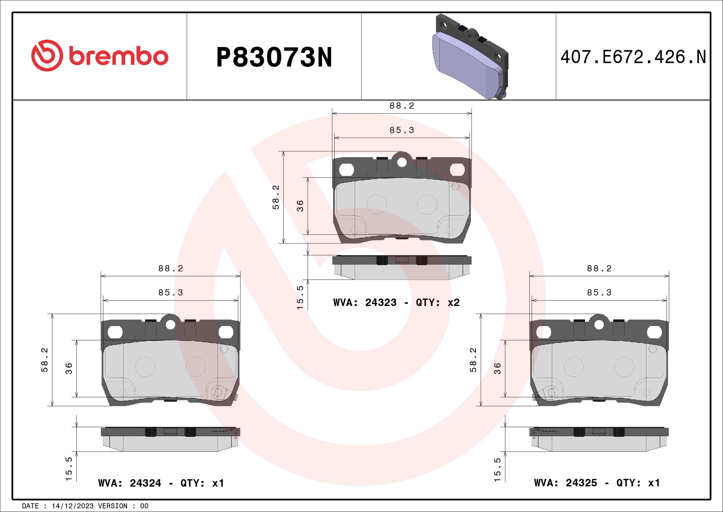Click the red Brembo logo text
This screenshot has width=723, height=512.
click(x=118, y=56)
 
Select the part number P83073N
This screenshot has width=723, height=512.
click(x=274, y=57)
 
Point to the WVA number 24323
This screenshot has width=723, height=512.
click(x=381, y=303)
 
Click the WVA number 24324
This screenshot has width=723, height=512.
click(x=145, y=483)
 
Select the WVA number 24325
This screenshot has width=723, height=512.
click(x=581, y=483)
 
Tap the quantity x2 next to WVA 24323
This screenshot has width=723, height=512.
click(x=454, y=303)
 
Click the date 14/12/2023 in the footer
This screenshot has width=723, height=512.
click(x=72, y=506)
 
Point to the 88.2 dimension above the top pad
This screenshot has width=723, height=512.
click(x=401, y=106)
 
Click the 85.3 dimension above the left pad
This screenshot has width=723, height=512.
click(x=170, y=293)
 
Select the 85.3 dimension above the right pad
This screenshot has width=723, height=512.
click(x=599, y=293)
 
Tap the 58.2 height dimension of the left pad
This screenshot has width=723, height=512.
click(x=45, y=360)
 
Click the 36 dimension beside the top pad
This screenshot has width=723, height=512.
click(x=300, y=205)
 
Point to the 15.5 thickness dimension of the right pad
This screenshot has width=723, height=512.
click(x=497, y=469)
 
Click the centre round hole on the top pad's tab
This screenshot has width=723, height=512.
click(x=402, y=162)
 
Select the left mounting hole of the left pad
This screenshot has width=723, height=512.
click(x=115, y=332)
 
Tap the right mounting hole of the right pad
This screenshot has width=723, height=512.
click(x=654, y=332)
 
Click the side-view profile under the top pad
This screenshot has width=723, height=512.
click(x=402, y=267)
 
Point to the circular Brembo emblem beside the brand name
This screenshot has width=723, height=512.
click(x=47, y=56)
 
